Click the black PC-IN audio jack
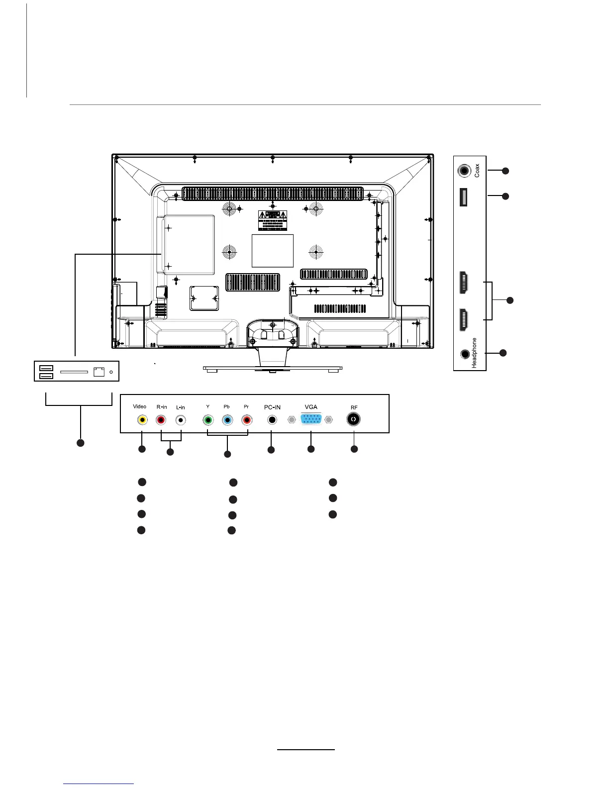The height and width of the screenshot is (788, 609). click(x=272, y=420)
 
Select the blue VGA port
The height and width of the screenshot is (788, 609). click(x=310, y=420)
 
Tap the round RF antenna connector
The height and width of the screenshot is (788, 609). click(x=354, y=419)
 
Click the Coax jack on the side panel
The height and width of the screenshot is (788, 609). click(x=464, y=171)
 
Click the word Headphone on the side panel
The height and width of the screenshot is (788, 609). click(x=475, y=353)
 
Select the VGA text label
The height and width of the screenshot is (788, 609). click(x=311, y=407)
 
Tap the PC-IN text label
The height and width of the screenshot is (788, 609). click(x=272, y=407)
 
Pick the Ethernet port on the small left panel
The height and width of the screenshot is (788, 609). click(x=99, y=372)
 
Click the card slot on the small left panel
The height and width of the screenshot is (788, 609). click(x=74, y=372)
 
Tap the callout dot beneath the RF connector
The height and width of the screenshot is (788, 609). click(x=354, y=449)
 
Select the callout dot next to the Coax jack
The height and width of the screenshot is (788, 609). click(x=506, y=171)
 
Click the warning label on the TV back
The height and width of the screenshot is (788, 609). click(x=273, y=219)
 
